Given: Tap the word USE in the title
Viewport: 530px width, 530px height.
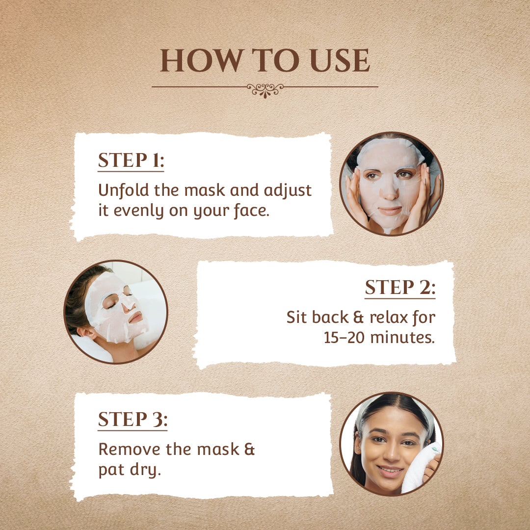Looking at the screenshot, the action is (340, 60).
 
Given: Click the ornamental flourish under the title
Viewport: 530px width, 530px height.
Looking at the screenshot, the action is (265, 90).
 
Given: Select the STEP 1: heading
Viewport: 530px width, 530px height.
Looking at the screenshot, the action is (131, 160).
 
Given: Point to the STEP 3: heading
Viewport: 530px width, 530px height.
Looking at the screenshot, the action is (132, 419).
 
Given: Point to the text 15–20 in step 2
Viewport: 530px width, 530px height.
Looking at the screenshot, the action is (344, 337).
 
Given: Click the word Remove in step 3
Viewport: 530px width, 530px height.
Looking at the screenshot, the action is (129, 449).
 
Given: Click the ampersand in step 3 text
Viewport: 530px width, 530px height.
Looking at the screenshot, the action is (249, 449).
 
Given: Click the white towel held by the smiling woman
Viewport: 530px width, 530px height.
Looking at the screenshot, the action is (419, 469).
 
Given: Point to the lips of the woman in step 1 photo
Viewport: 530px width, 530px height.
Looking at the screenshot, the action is (390, 211).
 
